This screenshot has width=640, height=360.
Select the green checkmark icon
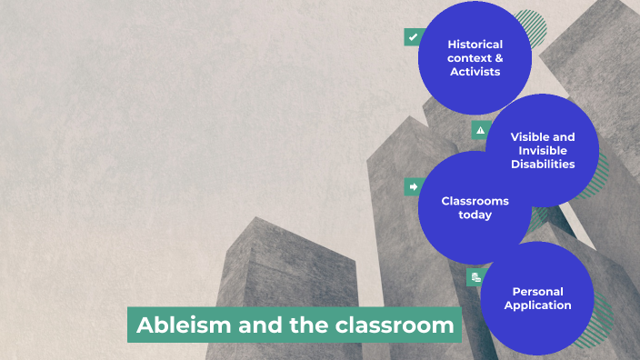414,37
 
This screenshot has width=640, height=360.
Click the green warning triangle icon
481,130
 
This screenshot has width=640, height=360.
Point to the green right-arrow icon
414,187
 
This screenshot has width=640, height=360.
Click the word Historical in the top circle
475,44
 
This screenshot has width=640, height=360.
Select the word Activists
475,71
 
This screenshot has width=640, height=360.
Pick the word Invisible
543,151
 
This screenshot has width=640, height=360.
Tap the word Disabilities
543,165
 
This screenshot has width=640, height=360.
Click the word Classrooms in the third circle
475,201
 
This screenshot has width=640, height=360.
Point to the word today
475,215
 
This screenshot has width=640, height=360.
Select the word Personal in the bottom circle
537,292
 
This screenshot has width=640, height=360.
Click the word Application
537,305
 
